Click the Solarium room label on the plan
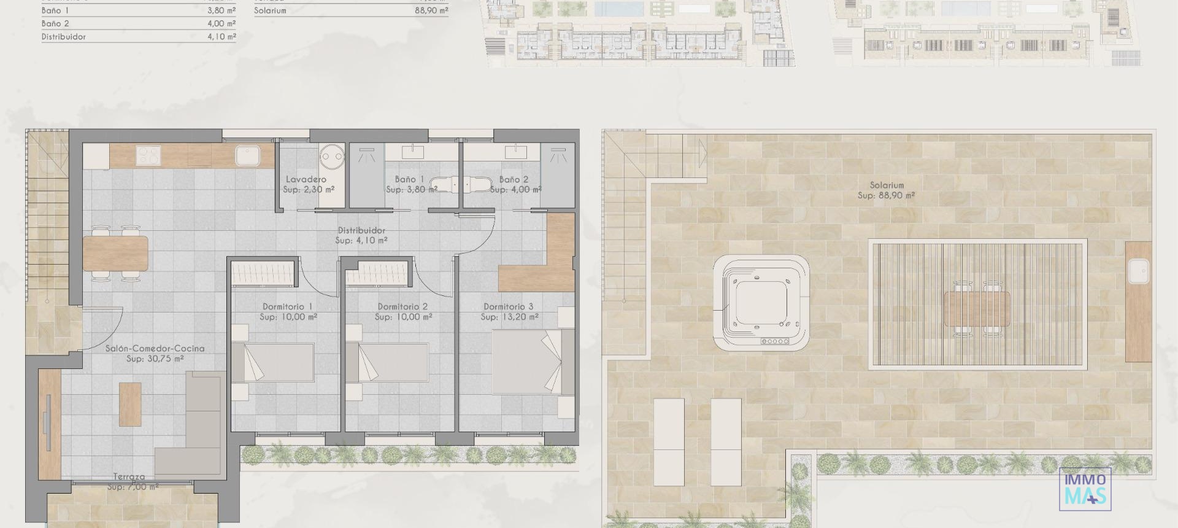(x=887, y=185)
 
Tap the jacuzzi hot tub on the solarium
(x=761, y=303)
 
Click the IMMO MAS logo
(x=1085, y=489)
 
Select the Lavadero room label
(x=306, y=179)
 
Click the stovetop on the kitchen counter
(x=148, y=155)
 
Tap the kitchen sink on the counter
(x=248, y=155)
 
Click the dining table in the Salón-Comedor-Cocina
(x=115, y=253)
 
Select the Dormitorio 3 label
(x=509, y=306)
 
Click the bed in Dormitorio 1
(x=273, y=362)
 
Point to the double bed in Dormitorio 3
(x=526, y=362)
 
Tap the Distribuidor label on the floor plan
(x=361, y=230)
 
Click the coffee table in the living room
(x=130, y=404)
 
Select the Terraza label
(x=129, y=476)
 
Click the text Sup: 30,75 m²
(x=155, y=359)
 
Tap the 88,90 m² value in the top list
(x=431, y=10)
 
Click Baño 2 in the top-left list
(x=55, y=23)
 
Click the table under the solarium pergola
(x=977, y=308)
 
